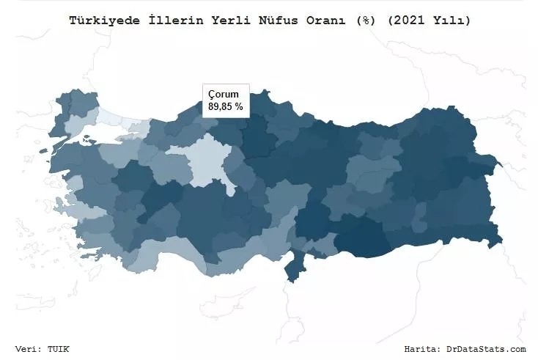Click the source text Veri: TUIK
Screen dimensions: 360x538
pyautogui.click(x=42, y=349)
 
